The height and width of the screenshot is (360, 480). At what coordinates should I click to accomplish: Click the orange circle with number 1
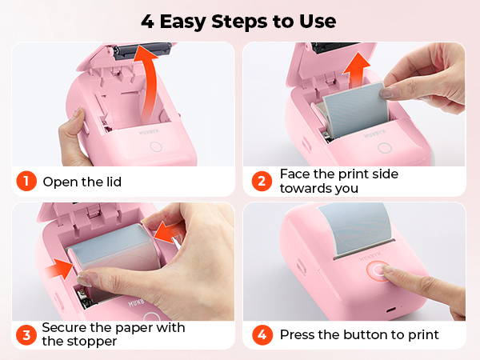(26, 181)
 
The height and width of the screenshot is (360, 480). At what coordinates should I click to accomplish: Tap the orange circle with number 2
(261, 181)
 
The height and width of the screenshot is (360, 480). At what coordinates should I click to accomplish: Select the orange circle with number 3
(26, 334)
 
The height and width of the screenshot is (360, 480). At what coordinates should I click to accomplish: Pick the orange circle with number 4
(261, 334)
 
